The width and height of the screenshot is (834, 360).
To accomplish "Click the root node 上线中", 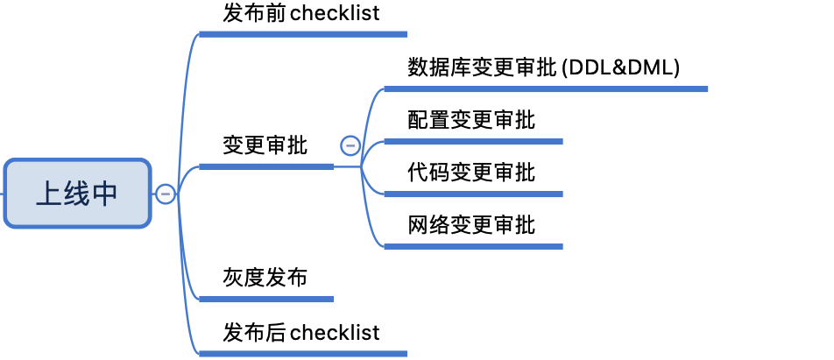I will click(x=76, y=194).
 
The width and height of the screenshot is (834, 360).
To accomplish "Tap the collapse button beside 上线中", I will click(x=165, y=194).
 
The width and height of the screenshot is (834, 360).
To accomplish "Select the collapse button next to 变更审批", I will click(x=350, y=145).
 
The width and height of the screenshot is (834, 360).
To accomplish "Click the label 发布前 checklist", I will click(x=301, y=13).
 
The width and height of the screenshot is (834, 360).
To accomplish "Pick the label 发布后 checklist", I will click(x=301, y=333).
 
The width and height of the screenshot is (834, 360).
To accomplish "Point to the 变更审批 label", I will click(x=265, y=145).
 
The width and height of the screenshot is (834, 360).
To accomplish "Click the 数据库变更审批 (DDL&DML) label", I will click(x=544, y=67).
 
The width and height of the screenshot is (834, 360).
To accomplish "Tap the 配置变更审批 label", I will click(x=471, y=120).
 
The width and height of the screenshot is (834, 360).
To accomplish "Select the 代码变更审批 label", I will click(x=471, y=173).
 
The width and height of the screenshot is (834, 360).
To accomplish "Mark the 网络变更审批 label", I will click(x=471, y=225).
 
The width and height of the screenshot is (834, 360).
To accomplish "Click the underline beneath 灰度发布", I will click(x=266, y=299).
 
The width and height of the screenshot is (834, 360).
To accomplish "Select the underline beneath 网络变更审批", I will click(x=473, y=246).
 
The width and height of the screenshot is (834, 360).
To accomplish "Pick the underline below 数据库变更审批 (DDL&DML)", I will click(x=545, y=88).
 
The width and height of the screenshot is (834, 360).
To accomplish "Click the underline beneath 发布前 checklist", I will click(x=303, y=34).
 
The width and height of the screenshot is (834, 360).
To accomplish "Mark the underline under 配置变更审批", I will click(x=473, y=141).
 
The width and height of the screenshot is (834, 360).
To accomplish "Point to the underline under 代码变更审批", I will click(x=473, y=194).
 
